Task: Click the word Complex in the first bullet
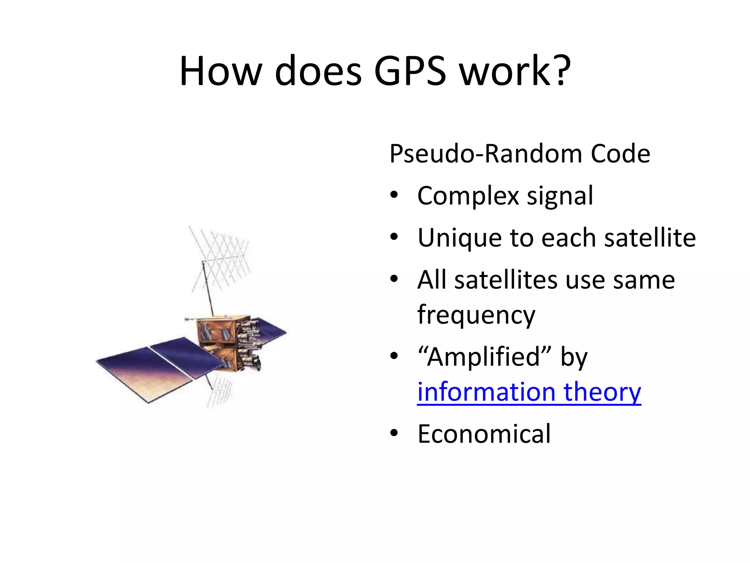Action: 468,196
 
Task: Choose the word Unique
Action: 459,238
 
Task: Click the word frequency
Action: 476,315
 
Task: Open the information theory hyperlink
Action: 529,392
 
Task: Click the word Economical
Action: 484,434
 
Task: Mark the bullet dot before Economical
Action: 394,434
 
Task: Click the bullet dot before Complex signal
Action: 394,195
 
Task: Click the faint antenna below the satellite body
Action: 220,392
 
